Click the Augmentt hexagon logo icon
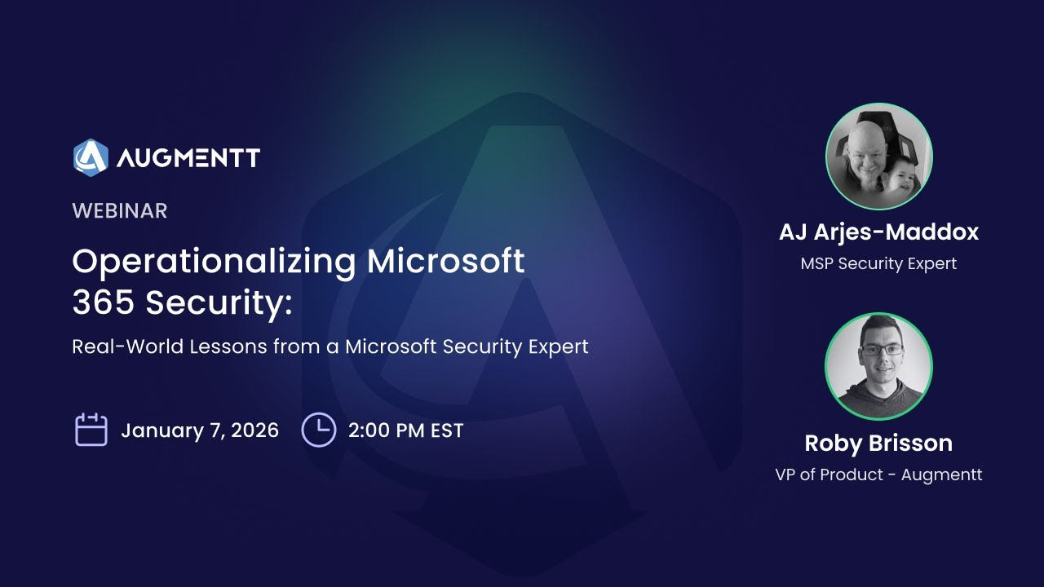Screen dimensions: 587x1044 [91, 157]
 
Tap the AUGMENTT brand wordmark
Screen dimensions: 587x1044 [188, 158]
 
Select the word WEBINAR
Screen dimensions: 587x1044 [119, 211]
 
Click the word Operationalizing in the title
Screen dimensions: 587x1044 [214, 262]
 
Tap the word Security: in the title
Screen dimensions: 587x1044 [219, 303]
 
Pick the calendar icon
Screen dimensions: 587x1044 [91, 430]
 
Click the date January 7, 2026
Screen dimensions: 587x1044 [200, 430]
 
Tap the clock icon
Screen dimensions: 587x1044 [318, 430]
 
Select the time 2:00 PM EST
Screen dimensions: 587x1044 [405, 430]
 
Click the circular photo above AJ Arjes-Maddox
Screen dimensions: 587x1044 [878, 157]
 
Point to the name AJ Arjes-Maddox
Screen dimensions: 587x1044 [878, 232]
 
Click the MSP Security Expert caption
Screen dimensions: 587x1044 [878, 263]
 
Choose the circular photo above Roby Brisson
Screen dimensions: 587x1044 [878, 366]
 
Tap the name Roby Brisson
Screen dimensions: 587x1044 [878, 443]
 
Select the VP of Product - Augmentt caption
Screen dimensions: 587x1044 [878, 474]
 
